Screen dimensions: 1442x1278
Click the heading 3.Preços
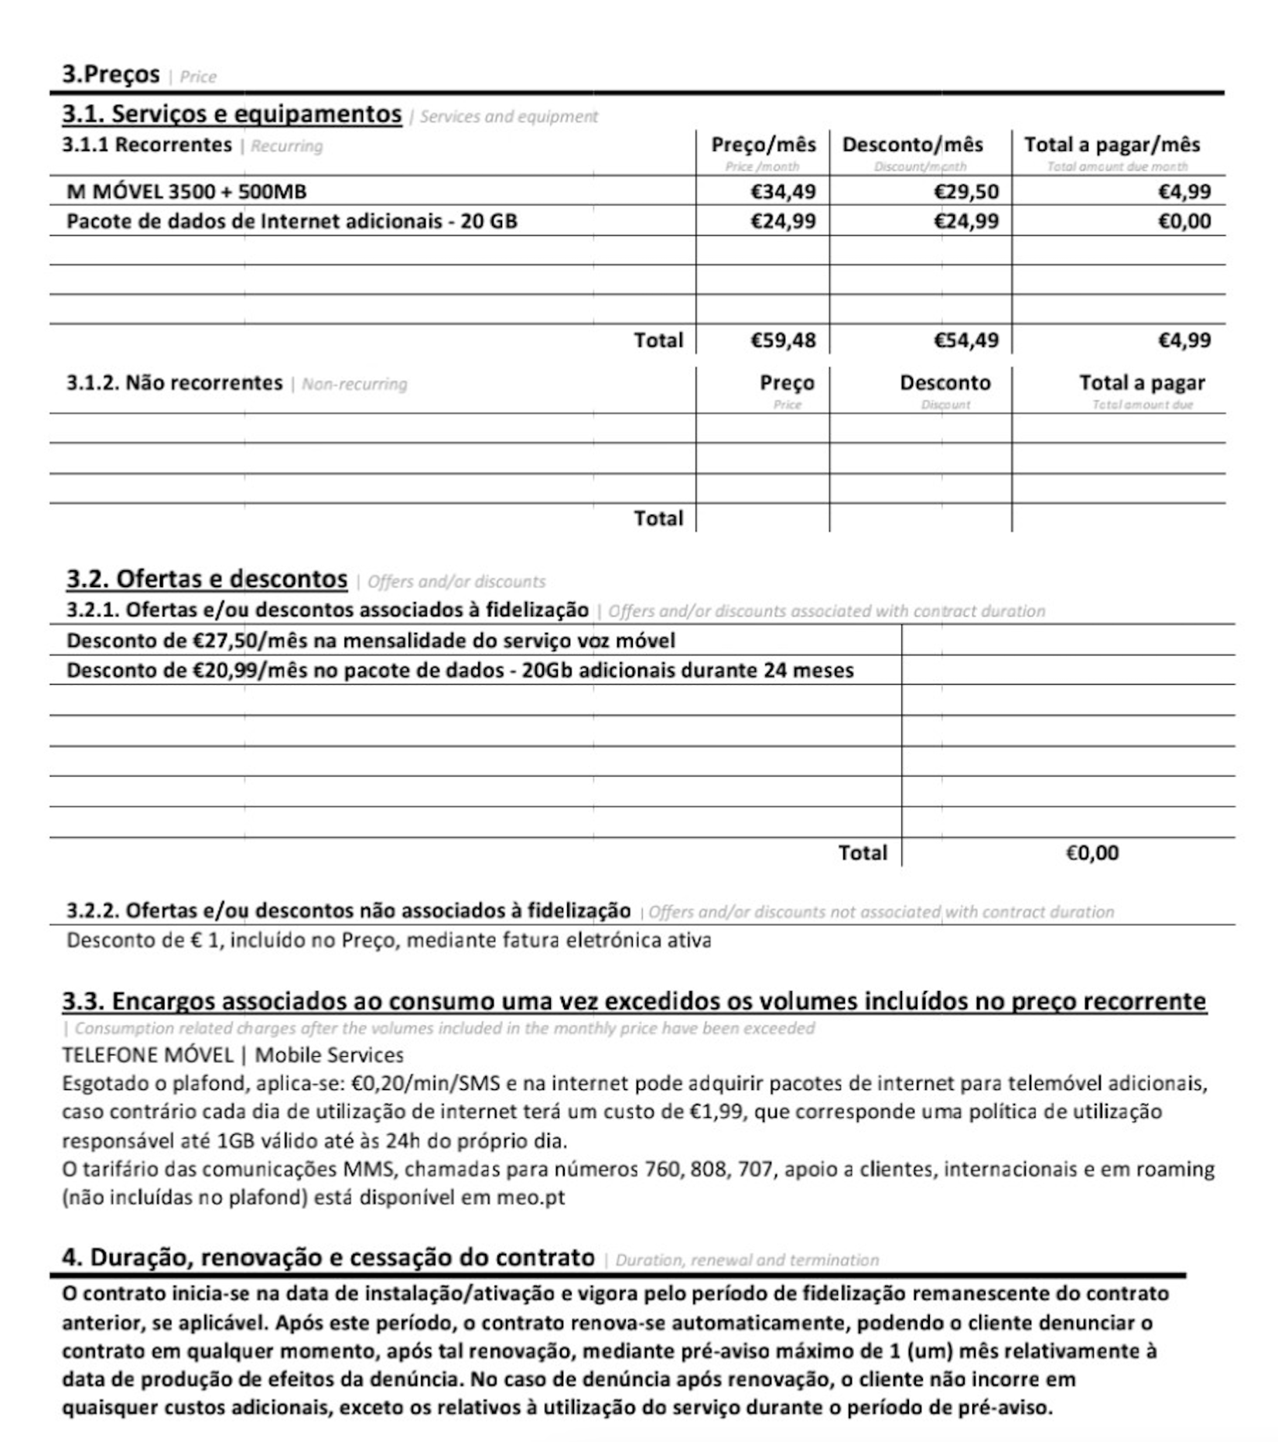(111, 74)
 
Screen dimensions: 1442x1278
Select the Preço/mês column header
(763, 145)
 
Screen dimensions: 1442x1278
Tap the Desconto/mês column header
(912, 145)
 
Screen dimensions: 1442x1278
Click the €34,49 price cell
(783, 191)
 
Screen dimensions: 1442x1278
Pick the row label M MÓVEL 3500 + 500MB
(186, 191)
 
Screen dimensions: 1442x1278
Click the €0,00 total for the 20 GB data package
(1184, 221)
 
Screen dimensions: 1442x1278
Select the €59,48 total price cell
(783, 340)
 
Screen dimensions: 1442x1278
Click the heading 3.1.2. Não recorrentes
(174, 383)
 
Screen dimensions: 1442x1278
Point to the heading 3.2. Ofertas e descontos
(207, 579)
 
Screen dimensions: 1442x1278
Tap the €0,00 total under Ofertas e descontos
(1092, 853)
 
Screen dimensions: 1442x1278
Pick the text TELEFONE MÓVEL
(147, 1055)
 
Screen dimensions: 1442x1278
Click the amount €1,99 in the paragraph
(717, 1112)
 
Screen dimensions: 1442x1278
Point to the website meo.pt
(531, 1198)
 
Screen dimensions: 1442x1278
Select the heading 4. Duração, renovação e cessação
(328, 1258)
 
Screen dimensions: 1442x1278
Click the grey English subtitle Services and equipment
(508, 117)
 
